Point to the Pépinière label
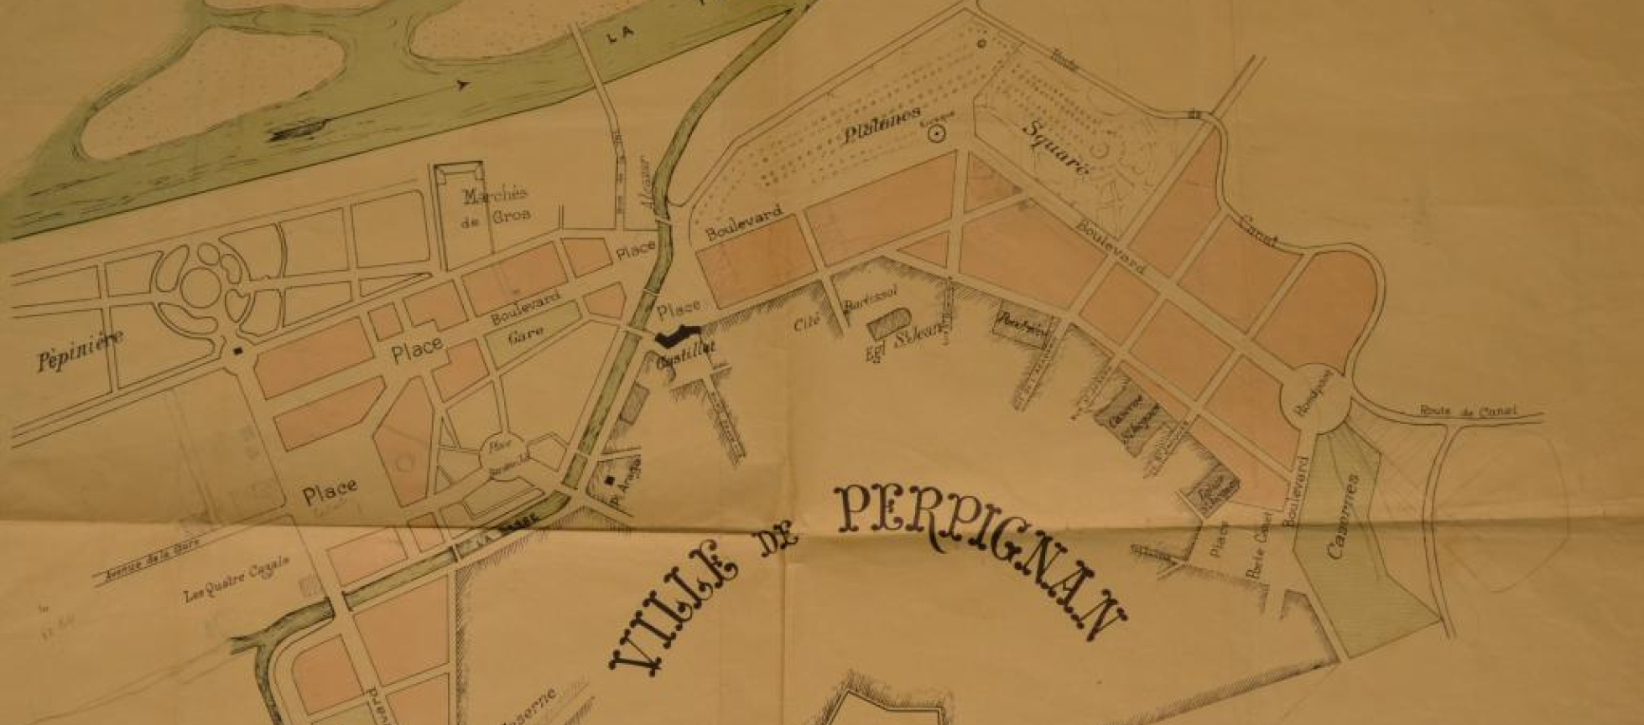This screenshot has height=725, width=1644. (x=80, y=350)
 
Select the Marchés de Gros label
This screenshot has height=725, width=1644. (x=497, y=205)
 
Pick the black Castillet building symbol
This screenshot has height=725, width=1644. (x=679, y=336)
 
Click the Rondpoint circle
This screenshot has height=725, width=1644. (x=1315, y=402)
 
